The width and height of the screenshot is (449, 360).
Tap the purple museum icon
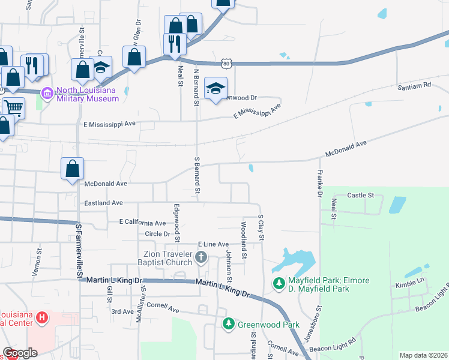pos(46,94)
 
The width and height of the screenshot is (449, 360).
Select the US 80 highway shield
pos(225,62)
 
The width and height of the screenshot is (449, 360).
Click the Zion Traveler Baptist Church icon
pos(200,258)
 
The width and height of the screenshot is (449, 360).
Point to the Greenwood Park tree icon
pos(228,325)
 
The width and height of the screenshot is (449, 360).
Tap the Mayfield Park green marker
pos(279,283)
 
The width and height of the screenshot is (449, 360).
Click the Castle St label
pos(361,196)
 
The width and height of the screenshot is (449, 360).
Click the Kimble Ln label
pos(409,280)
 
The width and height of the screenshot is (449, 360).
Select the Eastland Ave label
pos(103,203)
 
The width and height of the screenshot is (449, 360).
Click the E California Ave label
pos(142,223)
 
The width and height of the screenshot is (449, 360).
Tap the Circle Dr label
pos(157,233)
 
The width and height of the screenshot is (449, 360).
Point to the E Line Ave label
pos(213,245)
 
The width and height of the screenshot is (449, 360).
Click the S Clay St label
pos(261,227)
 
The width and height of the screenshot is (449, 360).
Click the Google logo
pos(20,353)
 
